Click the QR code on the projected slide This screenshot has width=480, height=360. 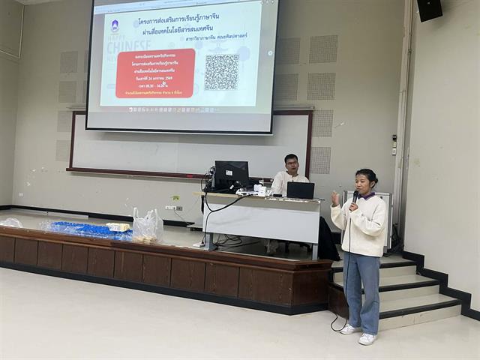(221, 73)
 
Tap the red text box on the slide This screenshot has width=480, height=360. (155, 73)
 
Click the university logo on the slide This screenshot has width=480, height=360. (115, 25)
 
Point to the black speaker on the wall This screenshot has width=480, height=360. (430, 10)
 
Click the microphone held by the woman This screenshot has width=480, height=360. (355, 197)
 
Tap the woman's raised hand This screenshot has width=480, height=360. (335, 198)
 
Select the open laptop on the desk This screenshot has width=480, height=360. (300, 190)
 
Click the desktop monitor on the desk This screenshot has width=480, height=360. (231, 175)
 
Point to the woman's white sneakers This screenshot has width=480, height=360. (358, 334)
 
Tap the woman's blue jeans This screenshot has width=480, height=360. (362, 289)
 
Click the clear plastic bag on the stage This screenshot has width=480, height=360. (147, 225)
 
